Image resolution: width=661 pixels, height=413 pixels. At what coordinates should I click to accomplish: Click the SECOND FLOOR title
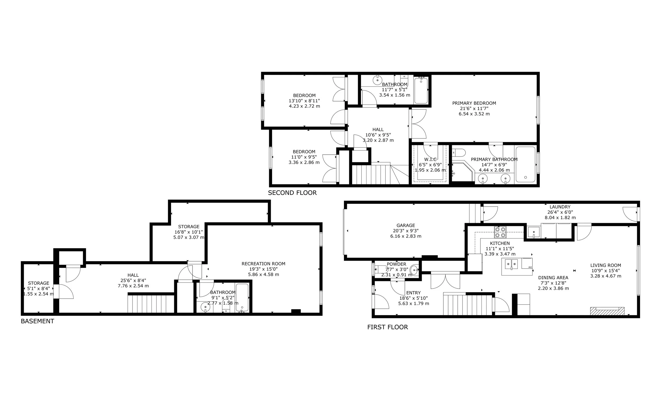point(292,193)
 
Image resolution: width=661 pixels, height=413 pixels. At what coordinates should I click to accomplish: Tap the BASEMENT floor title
point(38,321)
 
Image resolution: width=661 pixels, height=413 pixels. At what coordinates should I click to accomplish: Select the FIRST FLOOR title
point(387,327)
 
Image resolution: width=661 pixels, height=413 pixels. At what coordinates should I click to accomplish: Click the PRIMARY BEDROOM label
point(474,103)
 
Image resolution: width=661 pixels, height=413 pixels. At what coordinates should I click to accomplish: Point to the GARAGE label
point(406,226)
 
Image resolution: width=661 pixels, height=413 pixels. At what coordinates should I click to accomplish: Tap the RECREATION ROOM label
point(263,264)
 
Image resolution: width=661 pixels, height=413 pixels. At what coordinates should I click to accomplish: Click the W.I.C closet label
point(430,159)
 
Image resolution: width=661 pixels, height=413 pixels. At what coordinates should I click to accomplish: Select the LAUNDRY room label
point(560,207)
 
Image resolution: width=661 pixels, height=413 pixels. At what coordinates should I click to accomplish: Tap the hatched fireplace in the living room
point(607,311)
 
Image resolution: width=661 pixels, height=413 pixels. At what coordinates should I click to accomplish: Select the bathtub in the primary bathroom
point(525,164)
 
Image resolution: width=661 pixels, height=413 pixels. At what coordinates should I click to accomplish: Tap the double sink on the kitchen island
point(511,264)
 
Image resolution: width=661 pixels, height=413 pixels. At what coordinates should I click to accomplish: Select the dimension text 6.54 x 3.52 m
point(474,114)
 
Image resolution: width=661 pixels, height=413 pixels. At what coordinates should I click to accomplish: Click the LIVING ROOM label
point(605,265)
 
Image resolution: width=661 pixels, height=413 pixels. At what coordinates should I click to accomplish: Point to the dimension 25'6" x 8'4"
point(133,281)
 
